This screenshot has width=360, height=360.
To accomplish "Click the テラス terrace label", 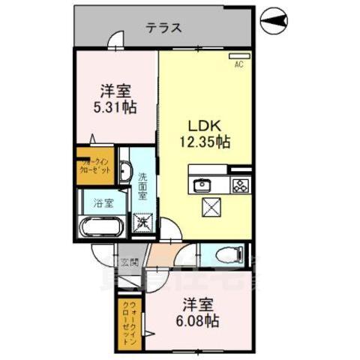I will (164, 28).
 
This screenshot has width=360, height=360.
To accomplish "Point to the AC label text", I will (238, 65).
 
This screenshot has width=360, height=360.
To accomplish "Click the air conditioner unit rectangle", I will (239, 56).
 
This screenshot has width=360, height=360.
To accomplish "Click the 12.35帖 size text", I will (202, 141).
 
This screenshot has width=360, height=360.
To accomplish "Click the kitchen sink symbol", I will (202, 184).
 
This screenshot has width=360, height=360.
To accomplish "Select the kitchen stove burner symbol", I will (239, 184).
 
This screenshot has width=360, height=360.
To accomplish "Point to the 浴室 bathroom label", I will (103, 203).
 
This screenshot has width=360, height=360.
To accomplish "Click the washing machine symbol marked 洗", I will (142, 222).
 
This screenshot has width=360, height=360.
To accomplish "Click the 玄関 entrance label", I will (129, 262).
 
